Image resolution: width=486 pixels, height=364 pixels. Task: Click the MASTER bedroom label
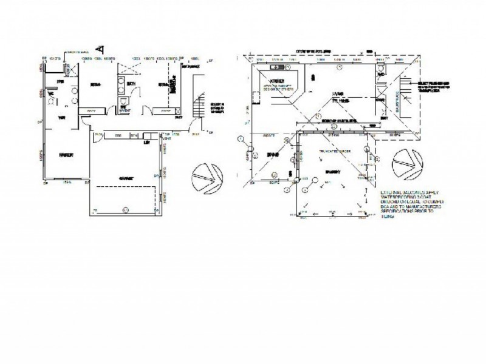[67, 155]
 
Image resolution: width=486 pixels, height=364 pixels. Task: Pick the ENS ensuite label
[60, 82]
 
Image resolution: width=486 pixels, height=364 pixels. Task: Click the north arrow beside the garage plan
[203, 177]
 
